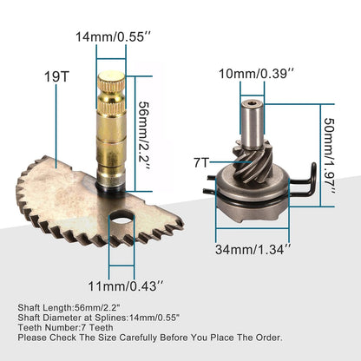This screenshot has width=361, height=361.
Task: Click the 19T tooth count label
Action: (55, 76)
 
